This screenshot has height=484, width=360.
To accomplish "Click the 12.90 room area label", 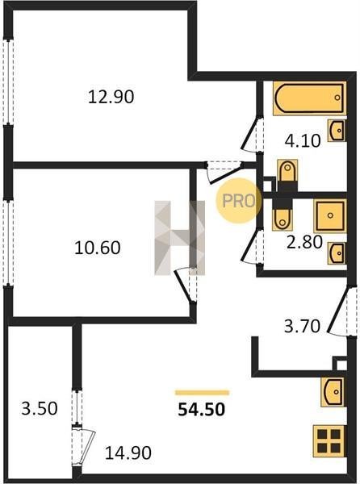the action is [111, 97].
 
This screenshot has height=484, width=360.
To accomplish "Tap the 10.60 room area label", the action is [97, 248].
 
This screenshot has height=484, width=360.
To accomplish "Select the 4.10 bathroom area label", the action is [303, 141].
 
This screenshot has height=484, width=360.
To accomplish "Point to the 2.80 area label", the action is [305, 242].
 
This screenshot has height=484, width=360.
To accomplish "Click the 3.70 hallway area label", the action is [302, 326].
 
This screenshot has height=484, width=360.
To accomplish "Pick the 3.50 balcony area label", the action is [40, 408].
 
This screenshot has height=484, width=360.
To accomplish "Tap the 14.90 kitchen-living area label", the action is [128, 453].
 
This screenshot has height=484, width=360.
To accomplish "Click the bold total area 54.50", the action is [202, 409].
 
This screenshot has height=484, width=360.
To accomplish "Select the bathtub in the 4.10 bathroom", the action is [309, 98].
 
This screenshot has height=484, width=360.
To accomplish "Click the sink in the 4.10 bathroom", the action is [337, 130].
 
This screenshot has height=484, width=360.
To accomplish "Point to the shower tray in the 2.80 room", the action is [330, 215].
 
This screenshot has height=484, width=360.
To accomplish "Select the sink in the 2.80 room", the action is [337, 253].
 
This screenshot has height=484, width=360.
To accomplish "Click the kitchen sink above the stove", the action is [333, 392].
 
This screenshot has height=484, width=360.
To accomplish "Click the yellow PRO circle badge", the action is [239, 201].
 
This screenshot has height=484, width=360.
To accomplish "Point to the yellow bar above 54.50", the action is [203, 393].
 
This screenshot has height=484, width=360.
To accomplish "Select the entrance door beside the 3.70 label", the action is [338, 311].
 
